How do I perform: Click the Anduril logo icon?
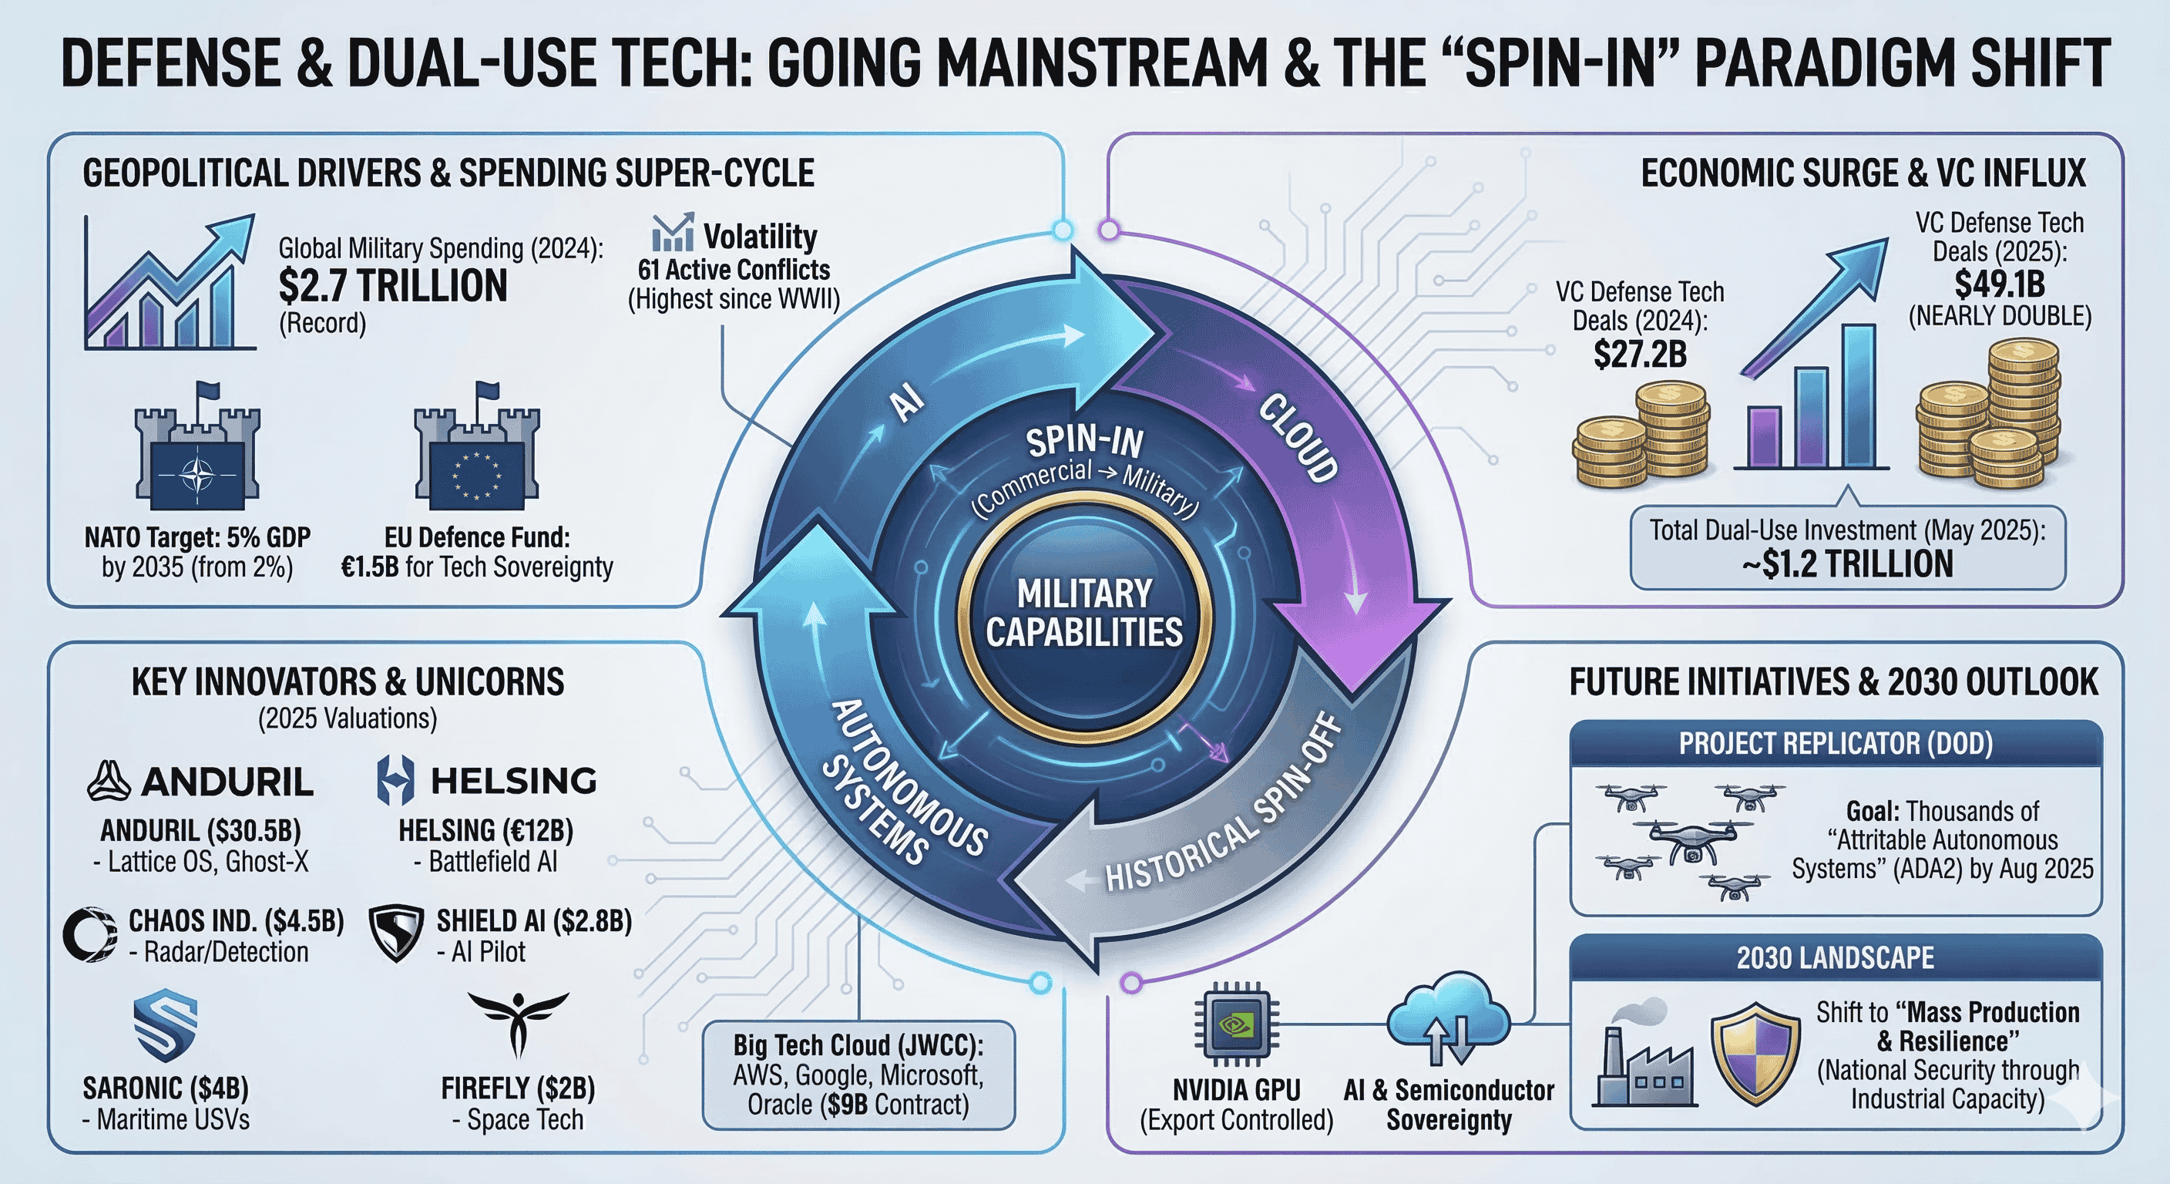109,780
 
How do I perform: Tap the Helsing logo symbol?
395,779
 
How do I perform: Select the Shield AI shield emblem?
396,932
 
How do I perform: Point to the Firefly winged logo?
518,1022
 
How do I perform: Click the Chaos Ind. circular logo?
90,934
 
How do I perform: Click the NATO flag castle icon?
197,459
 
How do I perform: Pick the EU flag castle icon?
477,459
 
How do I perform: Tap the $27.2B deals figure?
1639,354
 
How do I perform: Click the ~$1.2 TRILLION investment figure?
1847,563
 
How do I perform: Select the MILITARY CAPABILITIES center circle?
1084,613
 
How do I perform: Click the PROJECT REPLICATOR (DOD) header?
1836,743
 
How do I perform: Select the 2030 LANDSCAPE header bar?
1836,957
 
